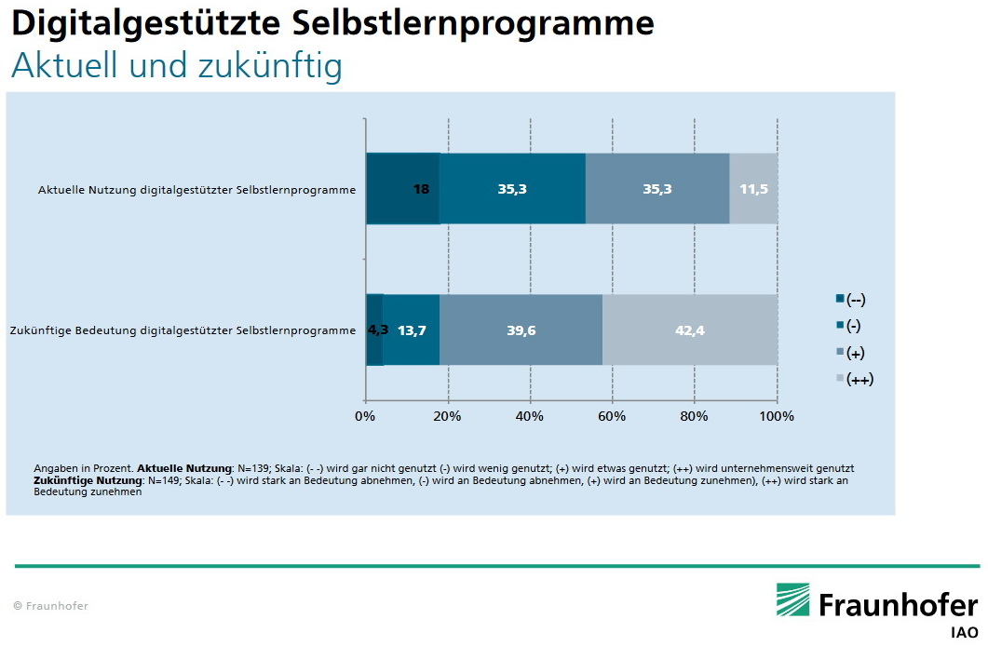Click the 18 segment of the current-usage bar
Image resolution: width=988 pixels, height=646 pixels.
pyautogui.click(x=402, y=189)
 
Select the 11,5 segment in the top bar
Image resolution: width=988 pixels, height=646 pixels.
pyautogui.click(x=753, y=189)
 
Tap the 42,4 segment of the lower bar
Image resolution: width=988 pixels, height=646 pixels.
pyautogui.click(x=690, y=330)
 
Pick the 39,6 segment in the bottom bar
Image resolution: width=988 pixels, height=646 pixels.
pyautogui.click(x=521, y=330)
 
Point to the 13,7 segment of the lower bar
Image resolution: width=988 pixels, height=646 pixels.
pyautogui.click(x=411, y=330)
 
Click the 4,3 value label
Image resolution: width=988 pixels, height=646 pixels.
pyautogui.click(x=378, y=330)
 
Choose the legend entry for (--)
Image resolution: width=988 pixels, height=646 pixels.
pyautogui.click(x=851, y=299)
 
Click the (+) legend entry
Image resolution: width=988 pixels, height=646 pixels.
pyautogui.click(x=851, y=352)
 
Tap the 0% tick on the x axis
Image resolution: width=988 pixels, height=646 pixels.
pyautogui.click(x=365, y=416)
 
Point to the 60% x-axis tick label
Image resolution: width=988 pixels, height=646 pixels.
pyautogui.click(x=612, y=416)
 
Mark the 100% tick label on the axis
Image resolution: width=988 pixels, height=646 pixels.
pyautogui.click(x=777, y=416)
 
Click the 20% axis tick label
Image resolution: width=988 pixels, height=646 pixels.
pyautogui.click(x=447, y=416)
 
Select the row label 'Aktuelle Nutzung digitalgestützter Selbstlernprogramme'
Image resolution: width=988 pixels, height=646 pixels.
pyautogui.click(x=196, y=190)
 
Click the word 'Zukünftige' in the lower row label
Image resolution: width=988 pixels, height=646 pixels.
pyautogui.click(x=40, y=330)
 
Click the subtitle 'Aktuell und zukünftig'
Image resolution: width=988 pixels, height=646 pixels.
pyautogui.click(x=176, y=66)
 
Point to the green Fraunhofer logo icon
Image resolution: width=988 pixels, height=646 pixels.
pyautogui.click(x=794, y=600)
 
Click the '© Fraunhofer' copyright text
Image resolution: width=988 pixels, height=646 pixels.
pyautogui.click(x=51, y=606)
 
